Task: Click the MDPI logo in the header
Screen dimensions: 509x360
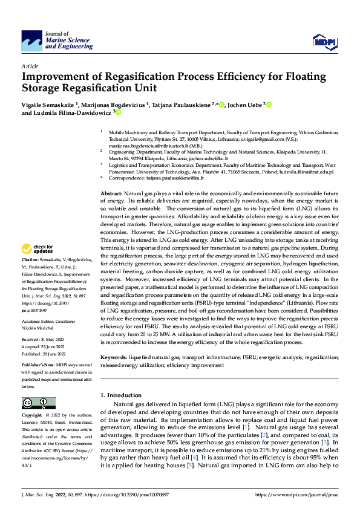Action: [x=324, y=41]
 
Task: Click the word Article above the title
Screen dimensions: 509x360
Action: [x=30, y=65]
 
